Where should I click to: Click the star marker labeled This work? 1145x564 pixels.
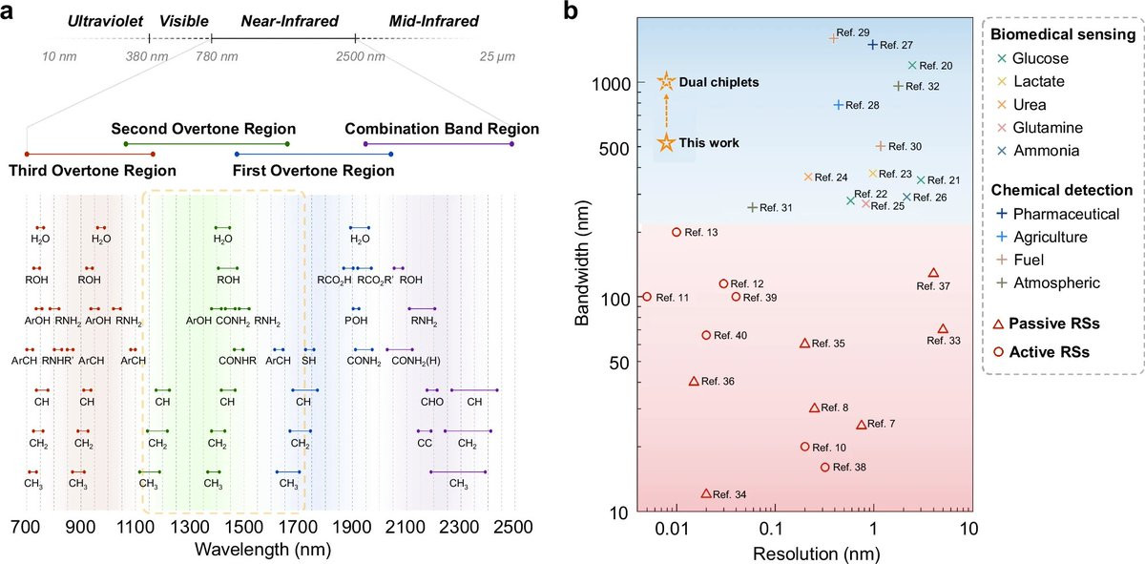click(666, 142)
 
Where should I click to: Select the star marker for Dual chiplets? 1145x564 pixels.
click(666, 81)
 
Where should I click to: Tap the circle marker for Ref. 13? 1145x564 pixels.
click(677, 232)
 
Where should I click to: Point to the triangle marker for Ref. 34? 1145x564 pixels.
click(706, 493)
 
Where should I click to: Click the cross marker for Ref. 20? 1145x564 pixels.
click(912, 66)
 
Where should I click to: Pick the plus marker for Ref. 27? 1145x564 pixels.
click(872, 45)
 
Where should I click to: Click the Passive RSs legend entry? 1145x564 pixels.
click(1046, 324)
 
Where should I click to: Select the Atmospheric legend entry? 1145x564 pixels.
click(1048, 282)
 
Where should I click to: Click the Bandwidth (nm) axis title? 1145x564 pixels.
click(582, 262)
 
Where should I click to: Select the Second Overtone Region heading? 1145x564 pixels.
click(203, 128)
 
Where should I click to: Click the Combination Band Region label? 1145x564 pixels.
click(442, 128)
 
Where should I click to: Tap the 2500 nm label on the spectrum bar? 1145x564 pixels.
click(361, 56)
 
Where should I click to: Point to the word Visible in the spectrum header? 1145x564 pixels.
click(184, 21)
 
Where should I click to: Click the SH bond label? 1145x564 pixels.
click(309, 361)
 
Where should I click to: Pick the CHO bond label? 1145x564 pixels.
click(432, 402)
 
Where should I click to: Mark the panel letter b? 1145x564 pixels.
click(571, 10)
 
